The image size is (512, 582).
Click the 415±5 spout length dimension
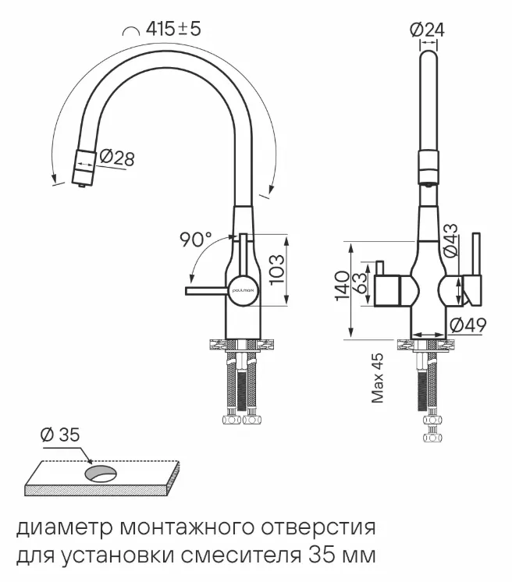coord(173,30)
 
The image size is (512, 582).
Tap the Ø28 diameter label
coord(116,158)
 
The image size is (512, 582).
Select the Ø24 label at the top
coord(427,30)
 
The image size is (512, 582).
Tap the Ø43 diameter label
coord(450,241)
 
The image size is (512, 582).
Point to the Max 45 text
coord(378,377)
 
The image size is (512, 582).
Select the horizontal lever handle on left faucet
coord(206,291)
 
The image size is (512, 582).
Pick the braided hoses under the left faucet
coord(240,388)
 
